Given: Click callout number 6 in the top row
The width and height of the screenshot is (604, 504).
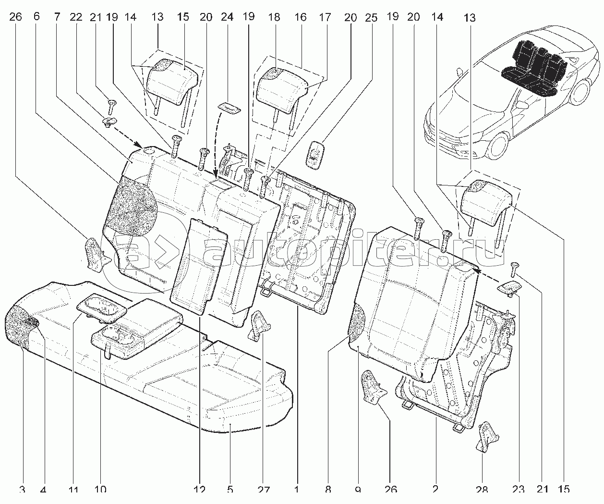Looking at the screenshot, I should coord(36,16).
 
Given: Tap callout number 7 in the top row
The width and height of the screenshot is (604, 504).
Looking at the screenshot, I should coord(57,16).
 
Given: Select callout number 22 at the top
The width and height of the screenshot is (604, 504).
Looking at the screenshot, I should coord(75,16).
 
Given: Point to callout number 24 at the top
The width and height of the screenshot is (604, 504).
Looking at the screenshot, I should coord(227,16).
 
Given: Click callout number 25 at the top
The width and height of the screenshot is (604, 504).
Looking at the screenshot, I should coord(371,16).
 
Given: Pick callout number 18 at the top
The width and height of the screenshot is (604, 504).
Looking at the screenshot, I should coord(274,16).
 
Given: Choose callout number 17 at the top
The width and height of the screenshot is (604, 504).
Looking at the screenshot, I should coord(325,16).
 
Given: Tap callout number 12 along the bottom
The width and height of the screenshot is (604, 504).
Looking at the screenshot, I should coord(200,490).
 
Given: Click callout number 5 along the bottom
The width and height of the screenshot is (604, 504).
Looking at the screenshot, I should coord(230,490).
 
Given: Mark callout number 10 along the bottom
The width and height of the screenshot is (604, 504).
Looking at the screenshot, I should coord(100,490).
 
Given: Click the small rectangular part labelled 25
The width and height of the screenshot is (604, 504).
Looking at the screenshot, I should coord(314,155).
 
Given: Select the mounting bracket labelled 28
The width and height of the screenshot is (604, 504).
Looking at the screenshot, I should coord(488,436).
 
